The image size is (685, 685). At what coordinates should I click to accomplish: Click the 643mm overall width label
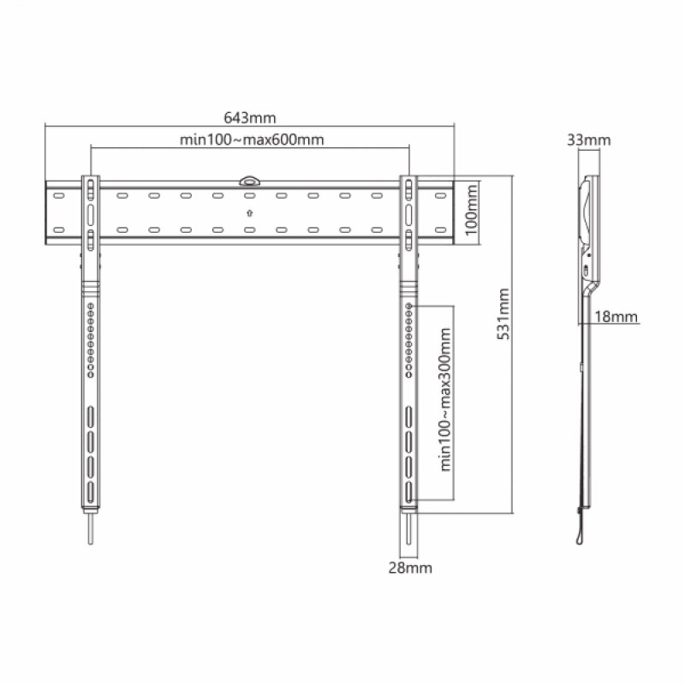(250, 117)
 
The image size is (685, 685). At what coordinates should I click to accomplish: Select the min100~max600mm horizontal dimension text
(251, 140)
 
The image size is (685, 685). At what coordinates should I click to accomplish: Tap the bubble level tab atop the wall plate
(249, 180)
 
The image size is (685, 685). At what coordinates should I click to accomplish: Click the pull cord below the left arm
(90, 526)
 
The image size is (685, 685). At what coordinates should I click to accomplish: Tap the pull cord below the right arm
(410, 526)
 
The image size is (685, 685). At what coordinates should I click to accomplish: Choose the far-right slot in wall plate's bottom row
(440, 229)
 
